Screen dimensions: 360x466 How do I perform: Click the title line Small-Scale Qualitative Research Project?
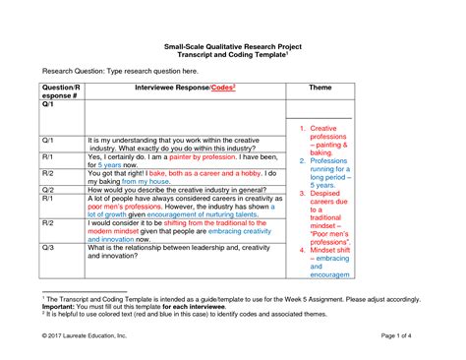point(233,45)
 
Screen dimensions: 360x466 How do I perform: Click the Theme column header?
point(320,88)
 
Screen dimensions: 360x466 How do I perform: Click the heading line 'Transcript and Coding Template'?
point(231,54)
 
